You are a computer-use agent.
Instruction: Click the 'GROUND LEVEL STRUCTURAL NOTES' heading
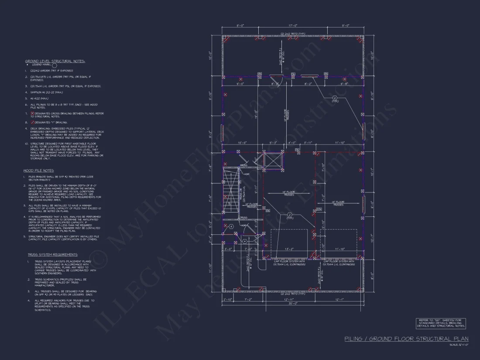click(55, 61)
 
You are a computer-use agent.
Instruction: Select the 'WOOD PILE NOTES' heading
click(38, 170)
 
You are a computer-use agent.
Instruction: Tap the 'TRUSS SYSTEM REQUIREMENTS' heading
click(52, 254)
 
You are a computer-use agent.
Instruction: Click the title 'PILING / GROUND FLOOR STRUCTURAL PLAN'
click(406, 339)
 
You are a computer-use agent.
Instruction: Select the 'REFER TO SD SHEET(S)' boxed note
click(441, 323)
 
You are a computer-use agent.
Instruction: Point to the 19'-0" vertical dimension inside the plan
click(257, 114)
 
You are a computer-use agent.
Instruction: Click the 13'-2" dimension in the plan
click(289, 249)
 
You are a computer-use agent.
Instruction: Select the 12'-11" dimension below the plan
click(288, 300)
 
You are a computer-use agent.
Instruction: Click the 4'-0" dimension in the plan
click(292, 143)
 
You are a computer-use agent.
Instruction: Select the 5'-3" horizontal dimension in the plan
click(274, 143)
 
